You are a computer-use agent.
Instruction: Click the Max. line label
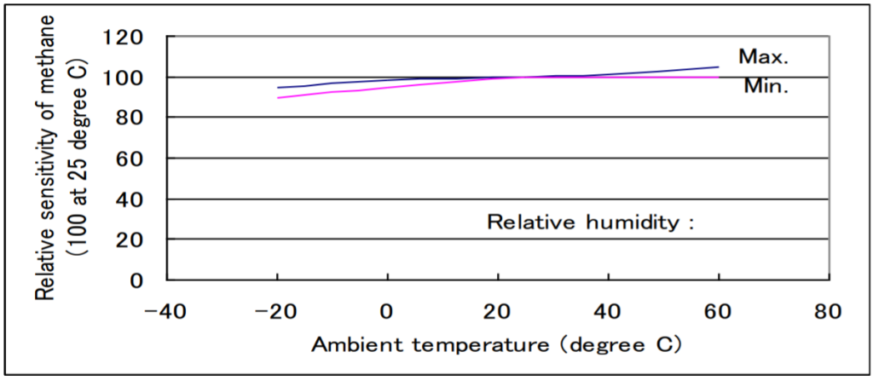point(764,57)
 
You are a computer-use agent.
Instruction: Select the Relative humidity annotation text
point(591,222)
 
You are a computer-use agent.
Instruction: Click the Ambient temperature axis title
point(497,346)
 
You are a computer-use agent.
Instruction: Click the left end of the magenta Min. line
point(278,97)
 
